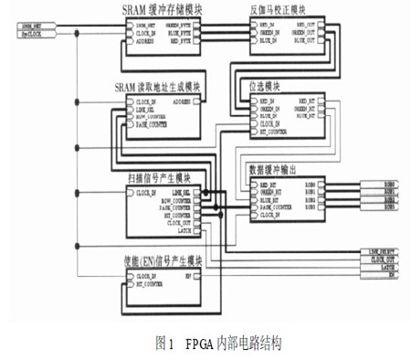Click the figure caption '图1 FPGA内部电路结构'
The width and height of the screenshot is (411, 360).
tap(205, 344)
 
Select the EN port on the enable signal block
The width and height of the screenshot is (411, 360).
tap(187, 275)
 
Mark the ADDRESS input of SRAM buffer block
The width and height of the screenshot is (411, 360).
tap(145, 41)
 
